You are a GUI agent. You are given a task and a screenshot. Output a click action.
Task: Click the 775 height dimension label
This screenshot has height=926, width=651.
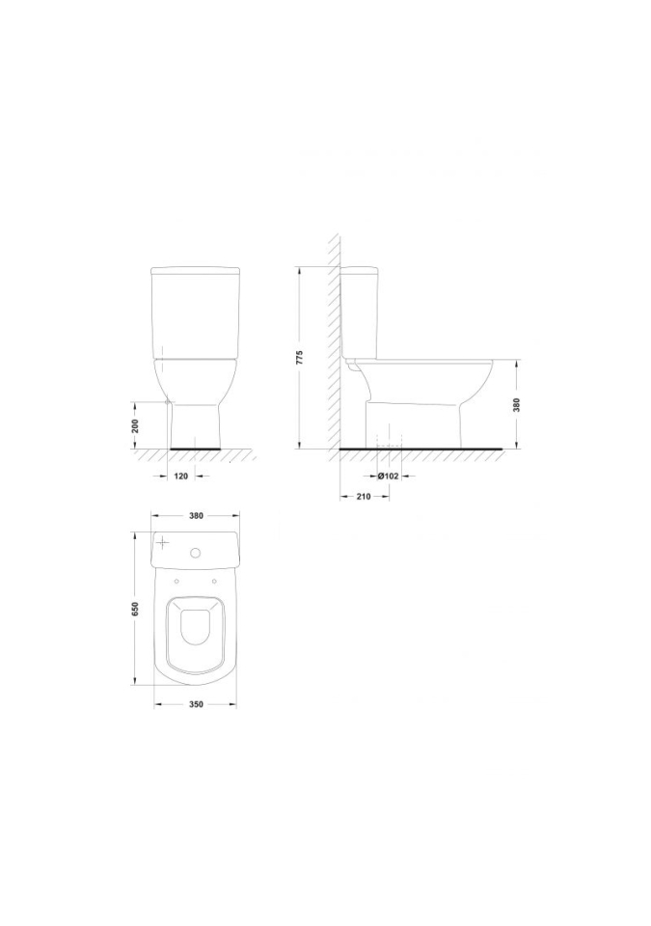[x=299, y=358]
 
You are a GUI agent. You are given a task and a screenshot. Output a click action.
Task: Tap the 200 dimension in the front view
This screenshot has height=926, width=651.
[x=134, y=425]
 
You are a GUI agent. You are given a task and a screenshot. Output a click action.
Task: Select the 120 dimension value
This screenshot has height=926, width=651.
[x=181, y=476]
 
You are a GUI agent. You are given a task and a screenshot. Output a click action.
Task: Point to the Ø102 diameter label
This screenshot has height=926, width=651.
[x=388, y=476]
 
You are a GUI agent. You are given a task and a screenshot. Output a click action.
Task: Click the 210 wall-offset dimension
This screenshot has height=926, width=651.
[x=364, y=497]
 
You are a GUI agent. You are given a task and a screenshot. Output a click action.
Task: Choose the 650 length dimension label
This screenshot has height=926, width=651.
[x=134, y=609]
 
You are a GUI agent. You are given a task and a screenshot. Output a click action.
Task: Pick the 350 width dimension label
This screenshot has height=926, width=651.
[x=196, y=704]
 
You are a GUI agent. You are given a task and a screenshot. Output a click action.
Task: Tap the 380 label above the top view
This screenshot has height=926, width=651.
[x=196, y=515]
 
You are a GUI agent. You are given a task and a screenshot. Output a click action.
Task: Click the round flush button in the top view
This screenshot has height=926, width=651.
[x=196, y=554]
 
